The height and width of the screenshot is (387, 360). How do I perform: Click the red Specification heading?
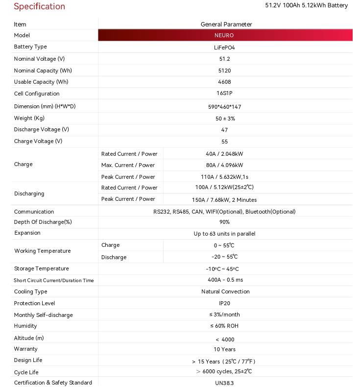tap(39, 6)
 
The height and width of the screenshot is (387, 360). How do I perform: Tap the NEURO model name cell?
tap(224, 35)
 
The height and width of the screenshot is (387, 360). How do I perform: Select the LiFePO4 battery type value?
tap(224, 48)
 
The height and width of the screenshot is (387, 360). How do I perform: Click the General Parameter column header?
tap(226, 24)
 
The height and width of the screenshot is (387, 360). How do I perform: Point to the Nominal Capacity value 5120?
tap(224, 71)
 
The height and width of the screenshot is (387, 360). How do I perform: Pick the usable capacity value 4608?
tap(224, 82)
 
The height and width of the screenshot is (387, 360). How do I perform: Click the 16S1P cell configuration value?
tap(224, 94)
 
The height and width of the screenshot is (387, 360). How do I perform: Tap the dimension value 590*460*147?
tap(224, 107)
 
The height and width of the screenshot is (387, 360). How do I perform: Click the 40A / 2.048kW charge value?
tap(224, 154)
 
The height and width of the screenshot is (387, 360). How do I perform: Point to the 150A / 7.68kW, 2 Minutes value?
tap(224, 200)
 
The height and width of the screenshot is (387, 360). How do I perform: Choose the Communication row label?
tap(34, 212)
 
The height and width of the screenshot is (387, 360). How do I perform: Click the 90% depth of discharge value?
tap(224, 222)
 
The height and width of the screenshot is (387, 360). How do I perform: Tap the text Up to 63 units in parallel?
tap(224, 234)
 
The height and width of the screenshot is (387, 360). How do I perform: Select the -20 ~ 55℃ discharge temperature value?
tap(224, 257)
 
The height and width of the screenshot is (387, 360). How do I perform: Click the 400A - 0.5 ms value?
tap(225, 280)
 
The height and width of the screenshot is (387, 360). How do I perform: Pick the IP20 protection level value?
tap(224, 303)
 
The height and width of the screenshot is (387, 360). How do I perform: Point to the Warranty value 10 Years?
tap(224, 349)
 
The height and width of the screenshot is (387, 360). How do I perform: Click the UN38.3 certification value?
tap(224, 383)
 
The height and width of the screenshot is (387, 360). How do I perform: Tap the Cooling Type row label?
tap(30, 291)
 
